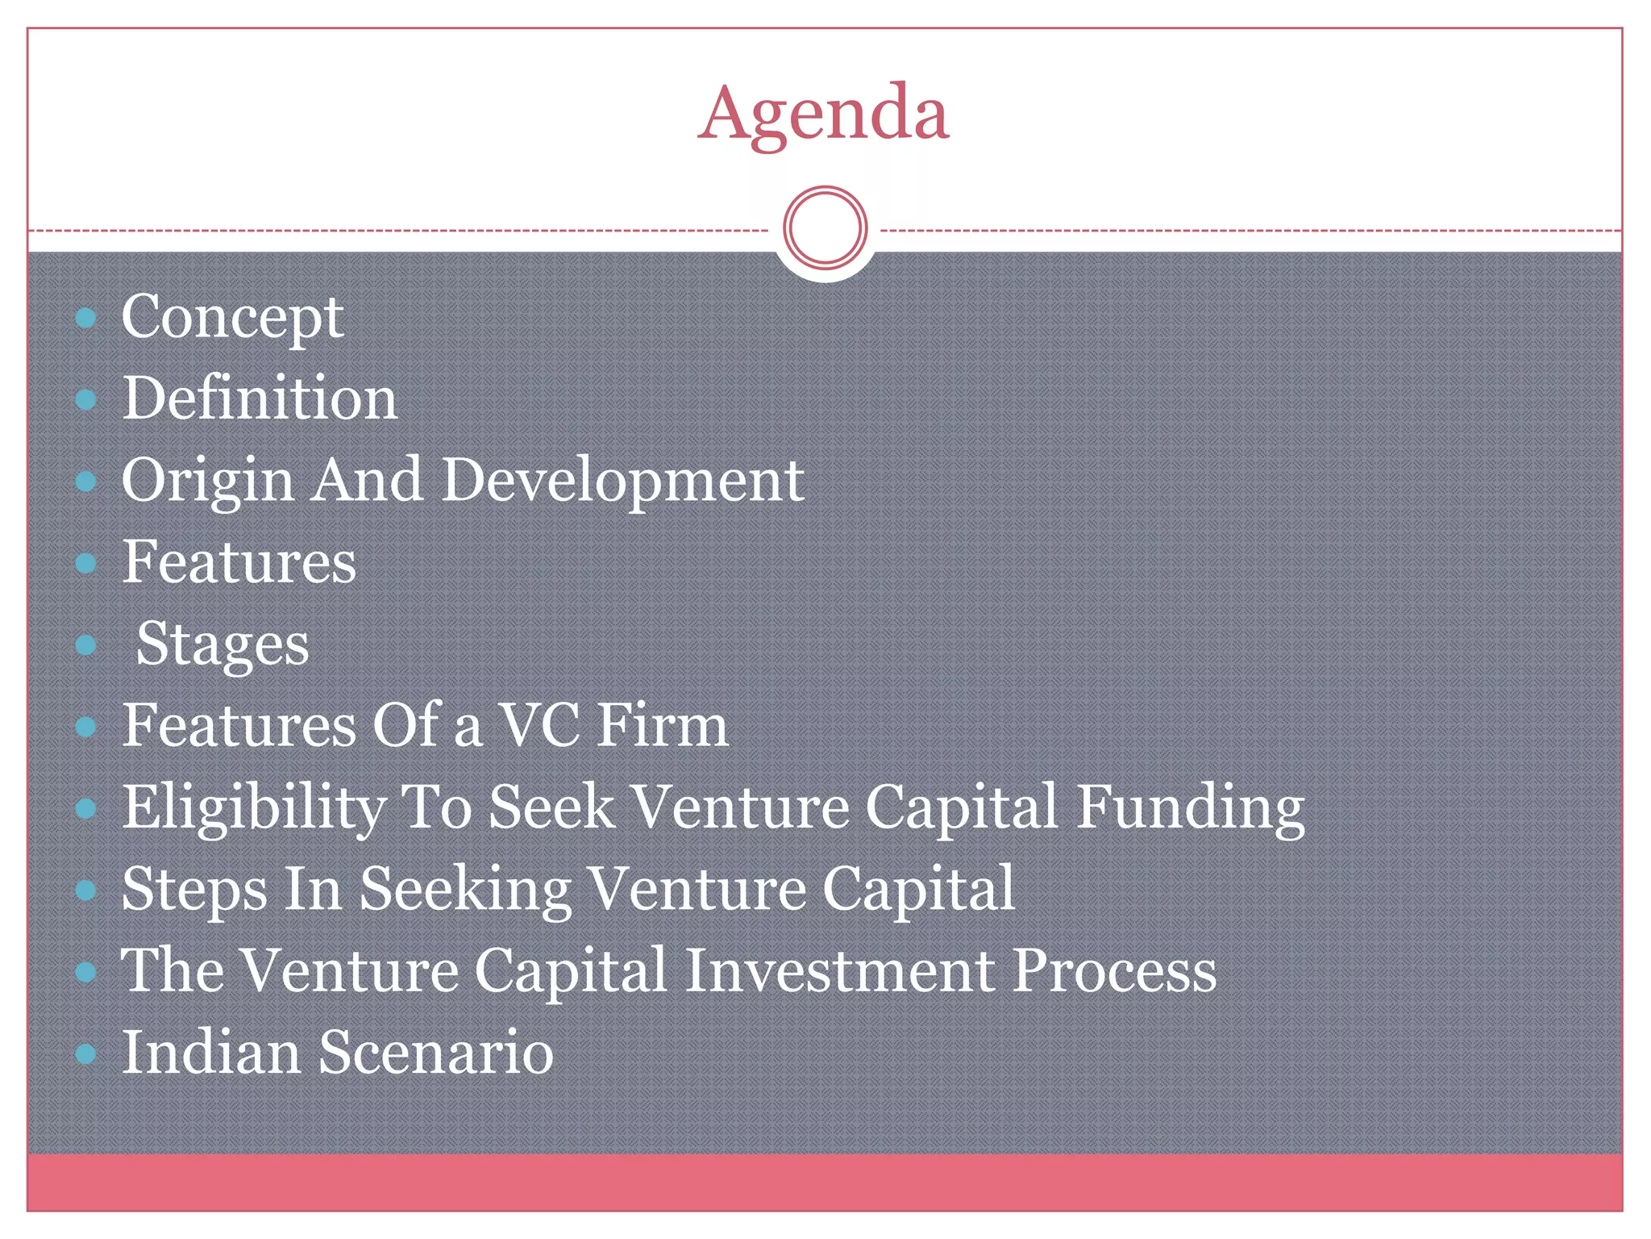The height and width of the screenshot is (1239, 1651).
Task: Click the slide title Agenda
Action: (823, 114)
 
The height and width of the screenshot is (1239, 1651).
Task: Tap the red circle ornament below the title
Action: (825, 228)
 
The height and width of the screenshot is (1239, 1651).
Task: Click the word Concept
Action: (232, 318)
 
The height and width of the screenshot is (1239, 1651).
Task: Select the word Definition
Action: (260, 398)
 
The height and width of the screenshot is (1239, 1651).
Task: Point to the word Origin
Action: (207, 482)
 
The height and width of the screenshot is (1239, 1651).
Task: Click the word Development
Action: (622, 481)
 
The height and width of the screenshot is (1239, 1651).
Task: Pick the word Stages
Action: (222, 645)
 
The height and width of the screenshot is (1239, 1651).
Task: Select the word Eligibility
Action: (253, 808)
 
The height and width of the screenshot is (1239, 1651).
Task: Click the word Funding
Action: (1191, 808)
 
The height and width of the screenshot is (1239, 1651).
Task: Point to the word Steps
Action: (194, 891)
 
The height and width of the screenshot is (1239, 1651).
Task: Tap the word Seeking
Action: (465, 891)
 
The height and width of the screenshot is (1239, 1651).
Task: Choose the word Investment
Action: (839, 970)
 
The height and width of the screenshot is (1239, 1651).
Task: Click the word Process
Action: (1114, 970)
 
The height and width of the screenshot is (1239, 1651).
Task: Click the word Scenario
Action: (436, 1053)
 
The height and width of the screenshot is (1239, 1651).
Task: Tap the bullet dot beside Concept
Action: (85, 318)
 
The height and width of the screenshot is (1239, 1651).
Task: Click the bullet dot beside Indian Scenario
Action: (85, 1053)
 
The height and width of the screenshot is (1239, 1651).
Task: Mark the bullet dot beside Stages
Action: (85, 645)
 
